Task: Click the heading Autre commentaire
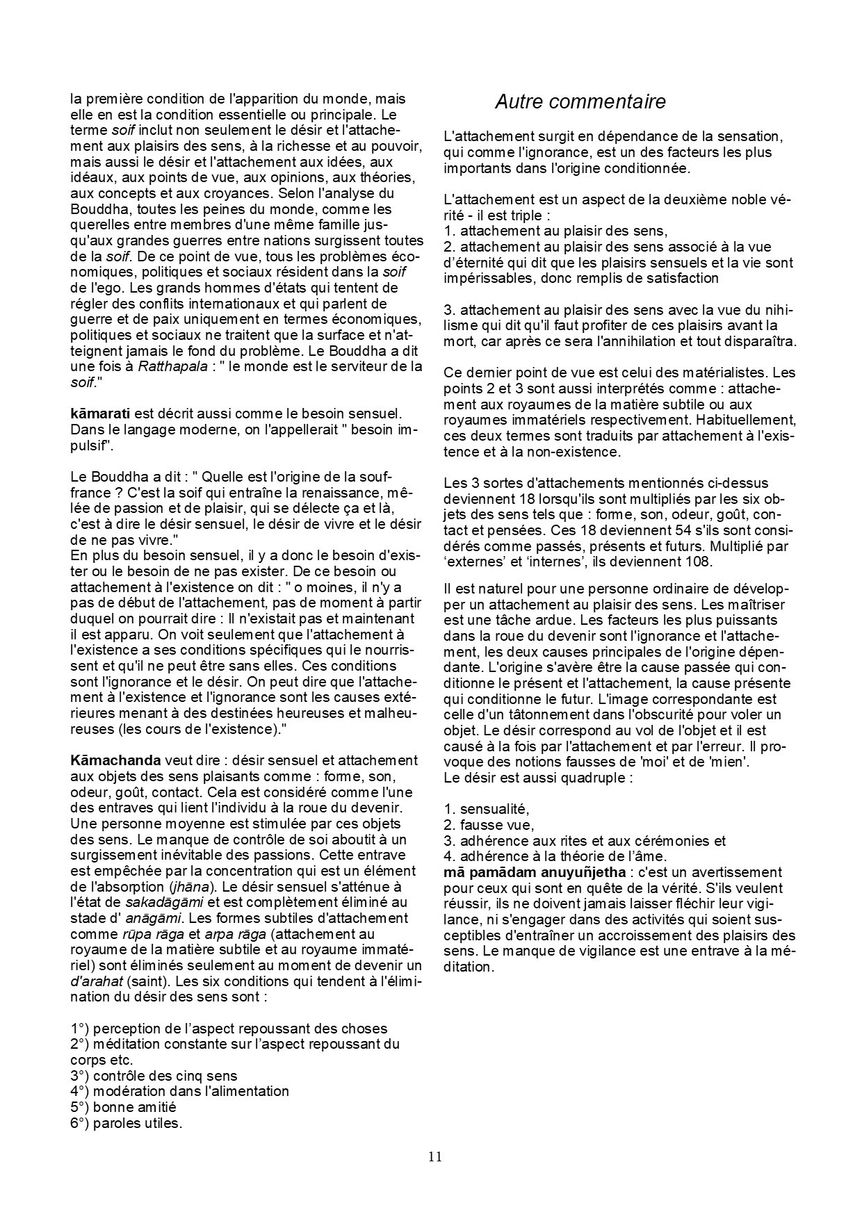point(580,102)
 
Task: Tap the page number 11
point(434,1156)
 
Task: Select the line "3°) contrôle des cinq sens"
point(154,1076)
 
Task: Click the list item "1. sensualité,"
point(487,809)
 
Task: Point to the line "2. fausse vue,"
point(489,825)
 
